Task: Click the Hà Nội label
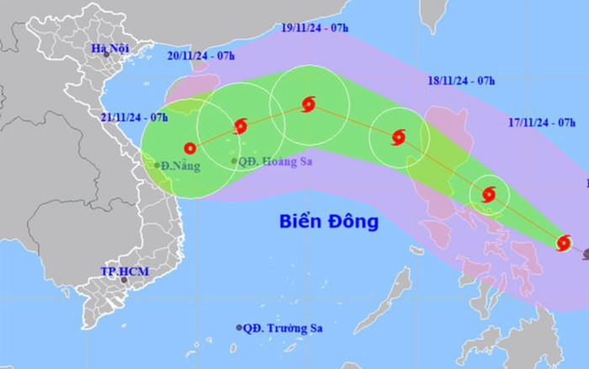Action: pyautogui.click(x=110, y=48)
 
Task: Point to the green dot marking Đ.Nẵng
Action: pyautogui.click(x=157, y=165)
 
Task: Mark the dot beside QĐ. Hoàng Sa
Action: pyautogui.click(x=234, y=161)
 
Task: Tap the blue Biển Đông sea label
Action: pyautogui.click(x=329, y=222)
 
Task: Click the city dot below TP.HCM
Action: pyautogui.click(x=123, y=281)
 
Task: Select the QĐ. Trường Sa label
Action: pyautogui.click(x=283, y=328)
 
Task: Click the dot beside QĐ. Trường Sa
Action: pyautogui.click(x=239, y=328)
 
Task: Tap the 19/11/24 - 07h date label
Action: pyautogui.click(x=315, y=28)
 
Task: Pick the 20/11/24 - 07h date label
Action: pyautogui.click(x=202, y=57)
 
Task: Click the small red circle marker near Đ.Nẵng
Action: pyautogui.click(x=190, y=147)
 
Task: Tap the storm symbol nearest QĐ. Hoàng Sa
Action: pyautogui.click(x=241, y=126)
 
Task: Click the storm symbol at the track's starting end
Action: pyautogui.click(x=564, y=243)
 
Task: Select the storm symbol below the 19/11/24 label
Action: pyautogui.click(x=308, y=104)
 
